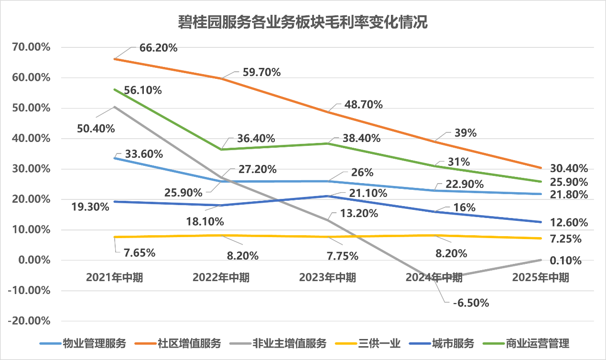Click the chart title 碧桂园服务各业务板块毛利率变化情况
point(303,22)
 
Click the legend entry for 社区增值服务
point(189,343)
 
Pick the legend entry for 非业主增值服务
point(291,343)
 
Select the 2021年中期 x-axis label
point(115,278)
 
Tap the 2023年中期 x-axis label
point(327,278)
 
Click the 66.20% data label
point(159,48)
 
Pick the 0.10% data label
point(565,261)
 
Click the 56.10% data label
point(142,90)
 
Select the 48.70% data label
point(364,105)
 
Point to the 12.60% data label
point(568,223)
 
